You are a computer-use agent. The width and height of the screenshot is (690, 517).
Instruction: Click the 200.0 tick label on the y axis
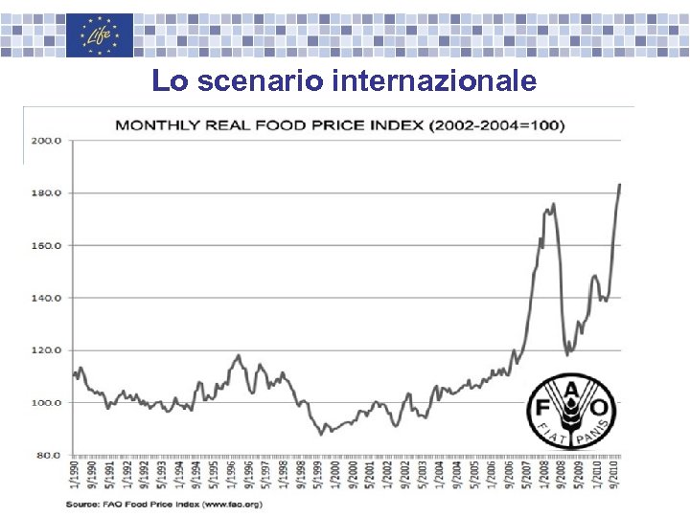coord(47,140)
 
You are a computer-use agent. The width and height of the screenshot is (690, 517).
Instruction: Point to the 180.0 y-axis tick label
coord(47,192)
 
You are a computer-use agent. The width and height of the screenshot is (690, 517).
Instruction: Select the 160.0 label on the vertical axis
coord(47,245)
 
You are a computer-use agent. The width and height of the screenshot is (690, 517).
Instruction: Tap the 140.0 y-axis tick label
coord(47,298)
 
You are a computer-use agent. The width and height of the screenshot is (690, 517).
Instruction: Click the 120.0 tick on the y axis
coord(47,350)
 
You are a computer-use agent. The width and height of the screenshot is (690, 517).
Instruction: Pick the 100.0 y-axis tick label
coord(47,403)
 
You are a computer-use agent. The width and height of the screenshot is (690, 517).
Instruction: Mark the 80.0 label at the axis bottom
coord(49,456)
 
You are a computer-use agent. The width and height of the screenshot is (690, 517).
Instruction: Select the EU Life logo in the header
coord(100,35)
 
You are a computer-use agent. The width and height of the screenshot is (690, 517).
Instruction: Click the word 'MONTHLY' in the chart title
coord(157,124)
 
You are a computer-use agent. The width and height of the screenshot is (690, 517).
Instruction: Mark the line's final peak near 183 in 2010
coord(619,184)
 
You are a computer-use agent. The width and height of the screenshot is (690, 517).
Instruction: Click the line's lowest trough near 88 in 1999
coord(322,434)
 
